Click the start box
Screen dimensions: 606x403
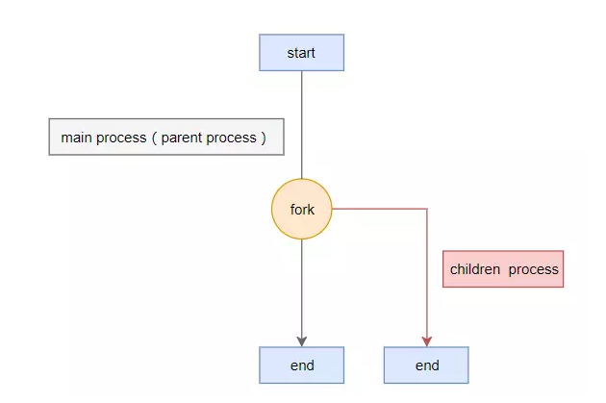point(301,53)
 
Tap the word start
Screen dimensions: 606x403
point(301,53)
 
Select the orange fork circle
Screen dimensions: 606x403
point(302,209)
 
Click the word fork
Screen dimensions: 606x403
point(302,210)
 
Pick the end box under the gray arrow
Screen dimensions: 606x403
point(301,365)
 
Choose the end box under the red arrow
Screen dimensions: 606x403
point(426,365)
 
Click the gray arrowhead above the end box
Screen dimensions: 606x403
point(302,341)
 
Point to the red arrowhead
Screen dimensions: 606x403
point(427,341)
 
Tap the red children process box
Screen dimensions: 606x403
point(503,269)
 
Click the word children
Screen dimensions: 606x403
point(475,269)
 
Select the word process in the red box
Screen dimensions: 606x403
point(533,270)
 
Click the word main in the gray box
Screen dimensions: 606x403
point(76,138)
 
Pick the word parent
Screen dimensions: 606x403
point(182,139)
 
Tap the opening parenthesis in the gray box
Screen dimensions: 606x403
point(154,138)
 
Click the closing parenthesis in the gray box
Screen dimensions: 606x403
point(264,138)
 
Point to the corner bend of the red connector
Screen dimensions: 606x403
point(427,209)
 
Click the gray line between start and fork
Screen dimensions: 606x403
point(302,125)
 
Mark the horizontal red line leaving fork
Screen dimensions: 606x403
point(380,209)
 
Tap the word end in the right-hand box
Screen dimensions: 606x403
point(427,365)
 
